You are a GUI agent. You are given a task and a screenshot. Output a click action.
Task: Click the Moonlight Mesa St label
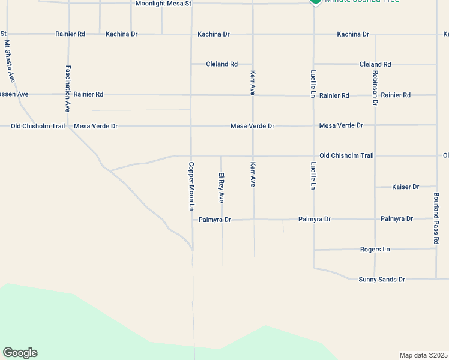163,4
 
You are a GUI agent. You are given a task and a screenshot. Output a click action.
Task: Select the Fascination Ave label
68,89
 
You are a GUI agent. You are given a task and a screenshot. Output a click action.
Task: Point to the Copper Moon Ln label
191,186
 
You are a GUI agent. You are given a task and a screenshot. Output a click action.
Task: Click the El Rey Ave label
221,187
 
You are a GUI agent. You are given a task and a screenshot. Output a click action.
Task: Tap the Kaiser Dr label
405,187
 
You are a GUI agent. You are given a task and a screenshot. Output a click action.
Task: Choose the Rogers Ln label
375,249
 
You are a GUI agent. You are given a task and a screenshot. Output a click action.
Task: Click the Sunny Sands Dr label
382,280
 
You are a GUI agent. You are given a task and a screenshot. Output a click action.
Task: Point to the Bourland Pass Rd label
436,218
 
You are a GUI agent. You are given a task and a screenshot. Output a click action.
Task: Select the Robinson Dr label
375,88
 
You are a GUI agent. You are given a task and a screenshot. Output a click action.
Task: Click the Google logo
20,353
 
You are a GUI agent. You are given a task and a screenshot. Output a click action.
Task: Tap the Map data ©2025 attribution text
423,355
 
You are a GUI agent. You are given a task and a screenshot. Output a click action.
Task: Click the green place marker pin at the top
315,2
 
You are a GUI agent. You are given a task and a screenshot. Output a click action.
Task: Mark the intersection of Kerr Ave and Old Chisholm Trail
253,156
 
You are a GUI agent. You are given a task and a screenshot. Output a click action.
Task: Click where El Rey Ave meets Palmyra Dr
222,220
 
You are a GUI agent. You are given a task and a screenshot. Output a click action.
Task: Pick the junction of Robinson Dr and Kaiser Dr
375,187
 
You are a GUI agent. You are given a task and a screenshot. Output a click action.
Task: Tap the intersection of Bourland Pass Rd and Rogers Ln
436,248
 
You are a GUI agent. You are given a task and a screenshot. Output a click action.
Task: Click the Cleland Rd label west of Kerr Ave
221,64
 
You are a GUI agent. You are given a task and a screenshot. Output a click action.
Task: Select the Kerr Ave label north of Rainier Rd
253,82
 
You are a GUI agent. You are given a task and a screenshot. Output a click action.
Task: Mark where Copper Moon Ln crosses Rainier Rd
191,95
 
